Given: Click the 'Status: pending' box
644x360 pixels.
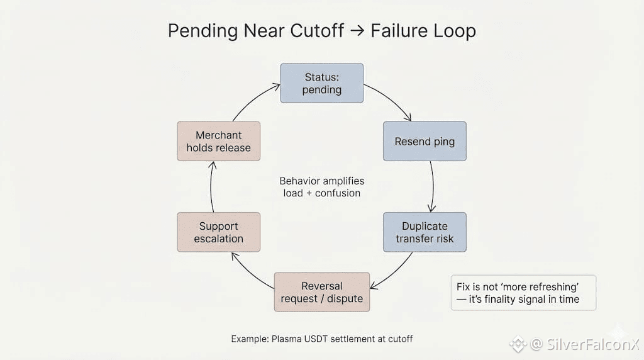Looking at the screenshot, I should click(321, 83).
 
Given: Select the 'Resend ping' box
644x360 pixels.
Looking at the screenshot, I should click(425, 141).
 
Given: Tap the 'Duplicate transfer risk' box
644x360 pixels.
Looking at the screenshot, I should click(425, 232).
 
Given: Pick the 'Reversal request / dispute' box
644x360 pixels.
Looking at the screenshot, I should click(321, 292).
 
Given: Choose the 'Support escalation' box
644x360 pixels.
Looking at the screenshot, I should click(218, 232).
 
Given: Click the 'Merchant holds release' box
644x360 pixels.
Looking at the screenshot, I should click(218, 141).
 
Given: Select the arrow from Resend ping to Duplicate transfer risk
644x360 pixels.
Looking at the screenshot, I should click(433, 186).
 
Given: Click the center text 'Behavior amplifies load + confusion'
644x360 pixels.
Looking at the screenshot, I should click(321, 187).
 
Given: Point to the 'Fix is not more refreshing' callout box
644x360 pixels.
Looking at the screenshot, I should click(523, 293).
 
